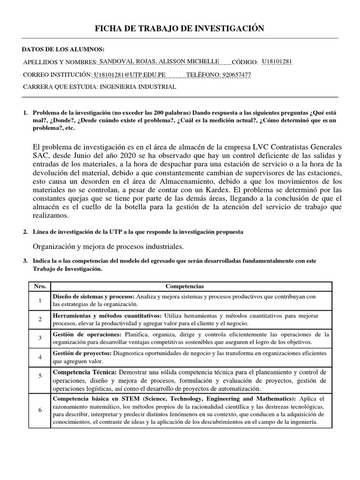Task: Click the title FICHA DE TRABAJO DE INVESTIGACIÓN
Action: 180,29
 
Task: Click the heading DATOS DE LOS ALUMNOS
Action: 63,50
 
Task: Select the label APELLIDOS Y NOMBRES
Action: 60,62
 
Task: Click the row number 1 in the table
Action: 40,300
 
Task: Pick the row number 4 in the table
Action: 40,357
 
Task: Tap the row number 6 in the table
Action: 40,410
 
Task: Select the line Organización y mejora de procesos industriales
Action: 108,247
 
